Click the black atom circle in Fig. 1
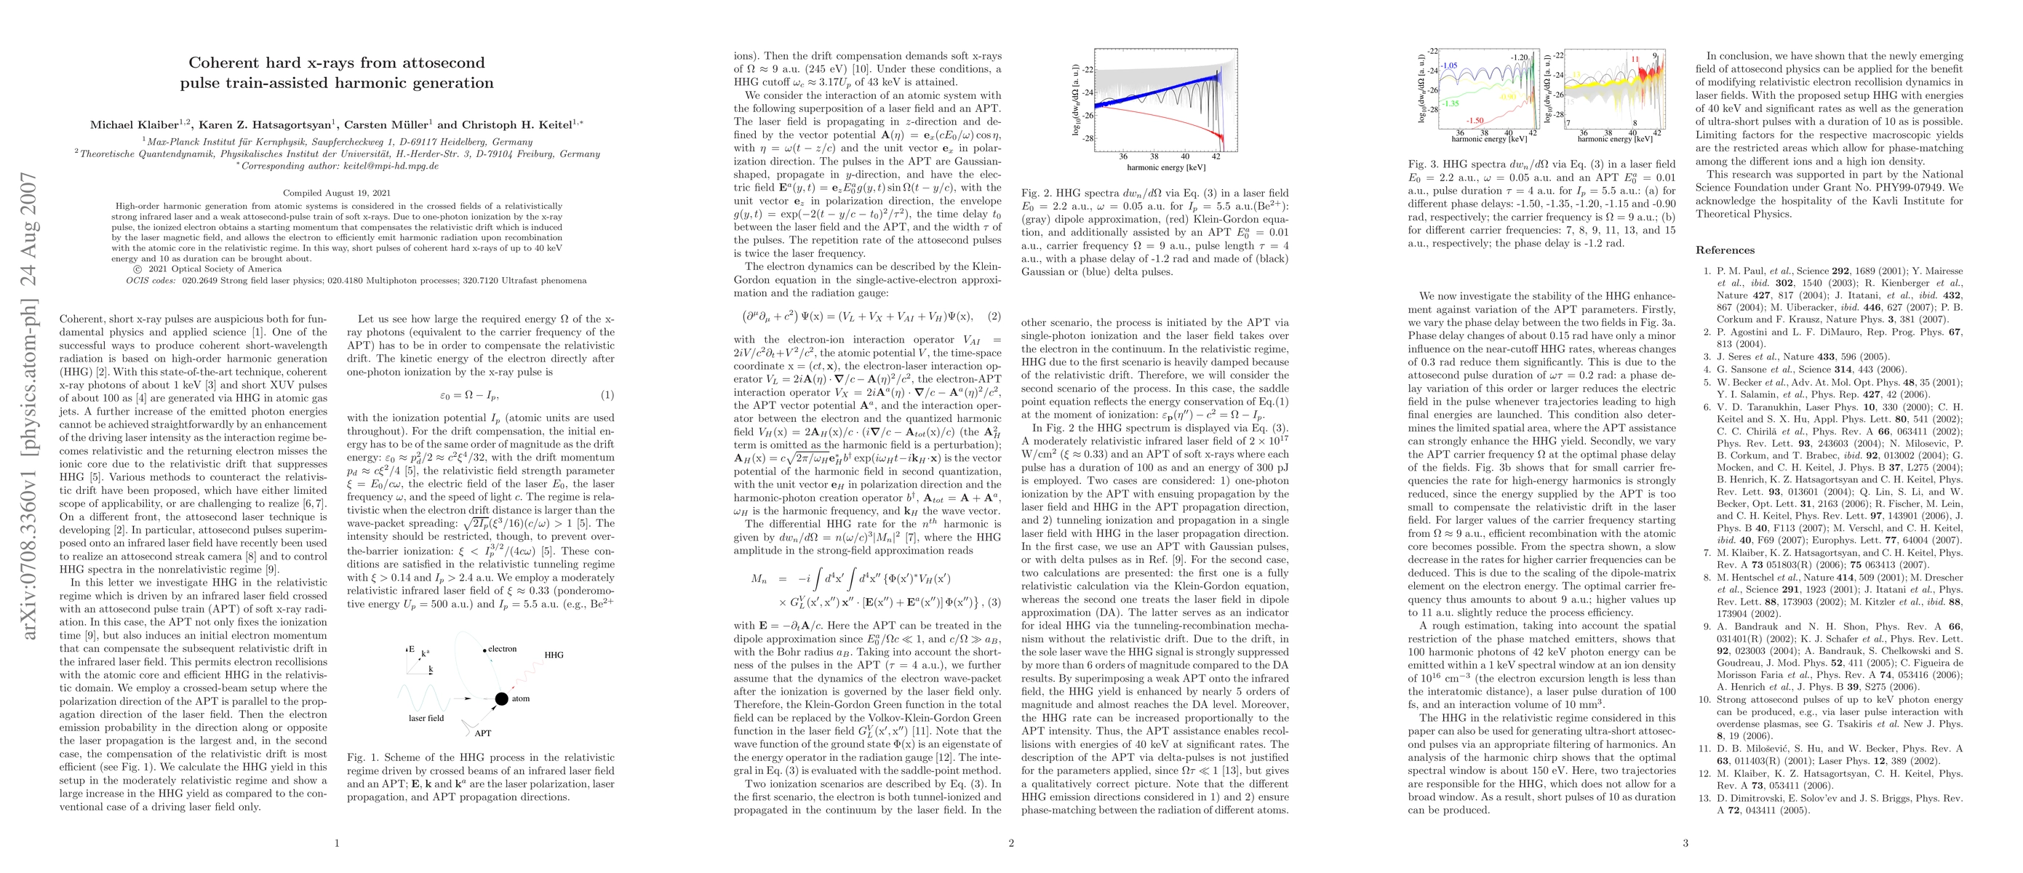[x=502, y=698]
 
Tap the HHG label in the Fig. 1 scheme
[x=554, y=655]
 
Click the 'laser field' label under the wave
[x=426, y=718]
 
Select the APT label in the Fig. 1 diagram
[x=483, y=733]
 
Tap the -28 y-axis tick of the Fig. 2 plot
[x=1088, y=138]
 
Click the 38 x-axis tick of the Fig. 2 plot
[x=1154, y=157]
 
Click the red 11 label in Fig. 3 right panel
[x=1635, y=59]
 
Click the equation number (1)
[x=607, y=395]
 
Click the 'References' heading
[x=1725, y=250]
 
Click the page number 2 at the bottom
[x=1010, y=843]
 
